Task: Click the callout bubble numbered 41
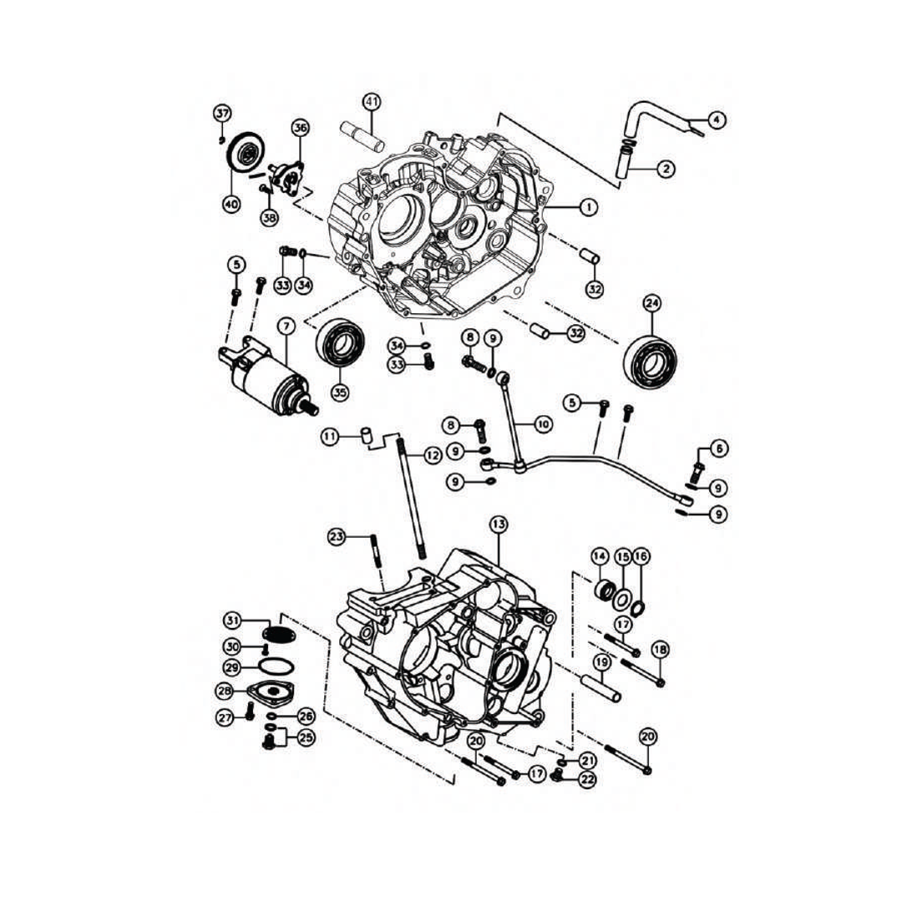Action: tap(372, 102)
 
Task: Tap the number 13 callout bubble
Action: tap(498, 524)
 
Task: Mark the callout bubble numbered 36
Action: tap(301, 128)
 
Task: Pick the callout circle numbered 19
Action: tap(600, 664)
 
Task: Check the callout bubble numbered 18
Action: tap(660, 649)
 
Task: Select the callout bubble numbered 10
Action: tap(543, 424)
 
